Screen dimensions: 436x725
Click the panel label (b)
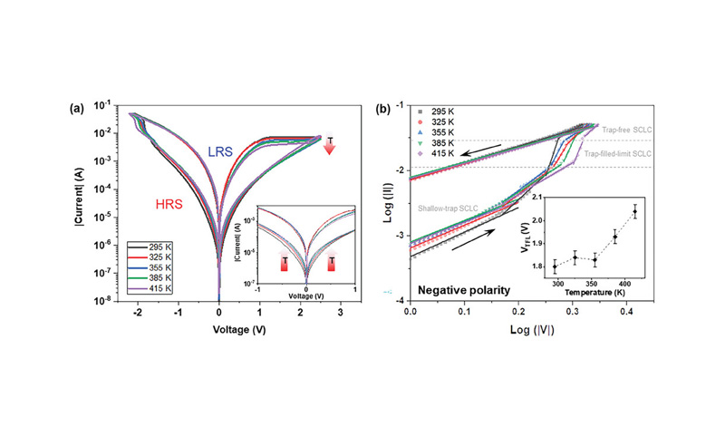(383, 108)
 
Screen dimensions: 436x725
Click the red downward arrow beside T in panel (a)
(329, 145)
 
